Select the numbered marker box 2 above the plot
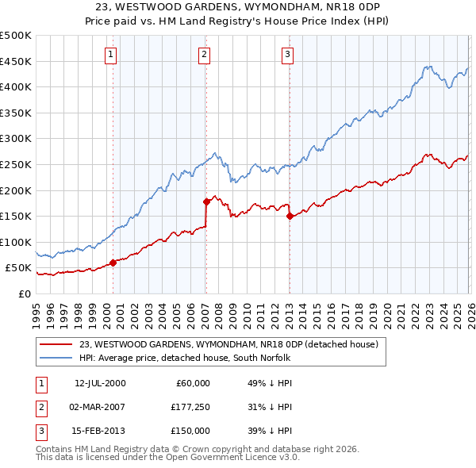[205, 55]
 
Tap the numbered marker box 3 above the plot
[287, 55]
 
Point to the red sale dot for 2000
[113, 263]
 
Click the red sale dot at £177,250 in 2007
[205, 201]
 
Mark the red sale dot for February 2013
[289, 216]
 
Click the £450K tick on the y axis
[16, 62]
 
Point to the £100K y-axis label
[16, 242]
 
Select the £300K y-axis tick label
[16, 139]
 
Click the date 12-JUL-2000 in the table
[100, 383]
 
